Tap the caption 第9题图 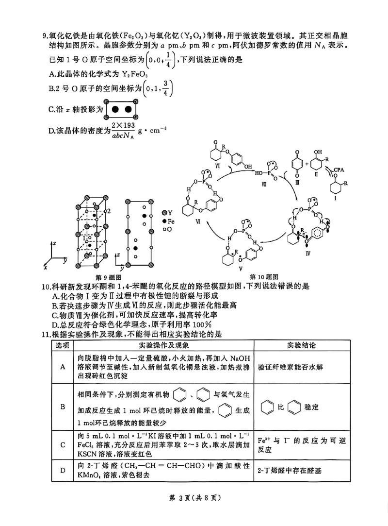(x=108, y=277)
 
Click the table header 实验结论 (x=301, y=345)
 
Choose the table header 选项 (x=63, y=345)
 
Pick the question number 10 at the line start (x=45, y=287)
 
